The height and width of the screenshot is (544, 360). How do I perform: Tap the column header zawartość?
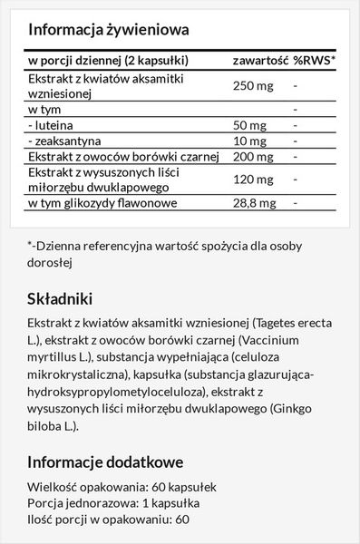click(x=259, y=62)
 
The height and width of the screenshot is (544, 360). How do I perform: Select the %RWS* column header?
click(x=313, y=62)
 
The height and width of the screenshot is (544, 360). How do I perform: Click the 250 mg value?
click(x=253, y=86)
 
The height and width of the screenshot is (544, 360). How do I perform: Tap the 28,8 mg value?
click(x=255, y=201)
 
